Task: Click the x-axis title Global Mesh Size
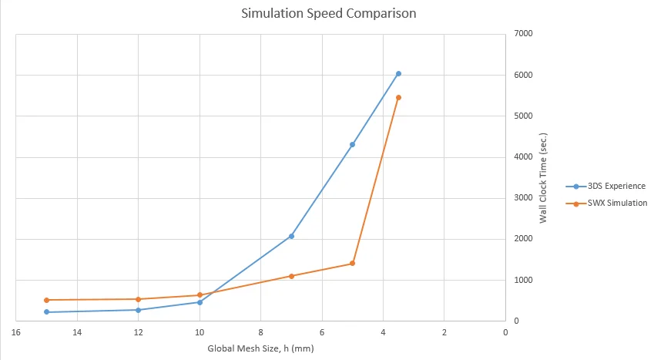tap(260, 348)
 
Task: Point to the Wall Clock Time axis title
tap(543, 177)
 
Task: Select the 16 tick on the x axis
tap(15, 333)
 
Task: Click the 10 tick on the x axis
tap(200, 333)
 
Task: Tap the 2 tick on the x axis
tap(444, 333)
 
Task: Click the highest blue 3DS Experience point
tap(398, 73)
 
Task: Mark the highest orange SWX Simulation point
tap(398, 97)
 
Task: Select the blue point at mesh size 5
tap(352, 144)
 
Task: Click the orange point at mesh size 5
tap(352, 263)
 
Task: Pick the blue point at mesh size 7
tap(291, 236)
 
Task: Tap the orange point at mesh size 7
tap(291, 276)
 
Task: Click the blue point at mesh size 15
tap(46, 312)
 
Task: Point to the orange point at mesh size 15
tap(46, 300)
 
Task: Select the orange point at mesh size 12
tap(138, 299)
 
